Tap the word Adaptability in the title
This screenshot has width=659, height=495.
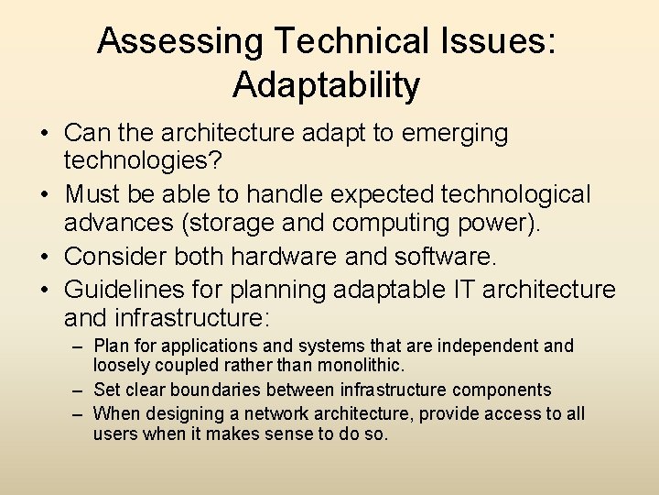pyautogui.click(x=327, y=85)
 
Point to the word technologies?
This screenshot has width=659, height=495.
pyautogui.click(x=141, y=163)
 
